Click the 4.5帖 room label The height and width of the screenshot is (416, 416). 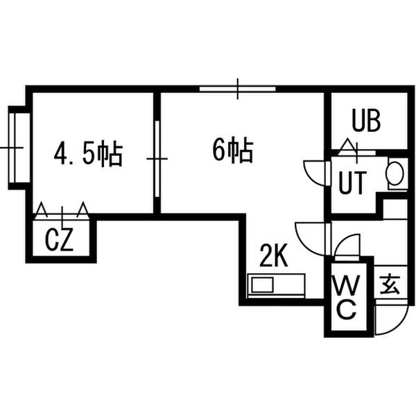tap(88, 155)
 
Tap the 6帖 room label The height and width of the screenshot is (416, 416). tap(233, 150)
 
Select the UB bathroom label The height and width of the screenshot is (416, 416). tap(366, 121)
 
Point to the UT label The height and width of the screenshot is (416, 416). tap(353, 182)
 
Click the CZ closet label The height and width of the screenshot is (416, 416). tap(59, 240)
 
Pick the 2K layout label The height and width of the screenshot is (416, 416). tap(274, 255)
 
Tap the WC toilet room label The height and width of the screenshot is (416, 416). tap(347, 297)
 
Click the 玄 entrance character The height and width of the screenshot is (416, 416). tap(390, 284)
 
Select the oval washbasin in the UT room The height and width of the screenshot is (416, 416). tap(395, 173)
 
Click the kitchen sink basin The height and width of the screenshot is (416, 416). tap(262, 285)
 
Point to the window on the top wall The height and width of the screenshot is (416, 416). tap(237, 89)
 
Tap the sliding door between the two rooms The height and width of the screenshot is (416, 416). tap(157, 159)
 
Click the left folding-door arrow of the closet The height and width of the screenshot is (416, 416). tap(42, 209)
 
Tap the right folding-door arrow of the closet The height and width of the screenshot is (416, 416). tap(83, 209)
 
